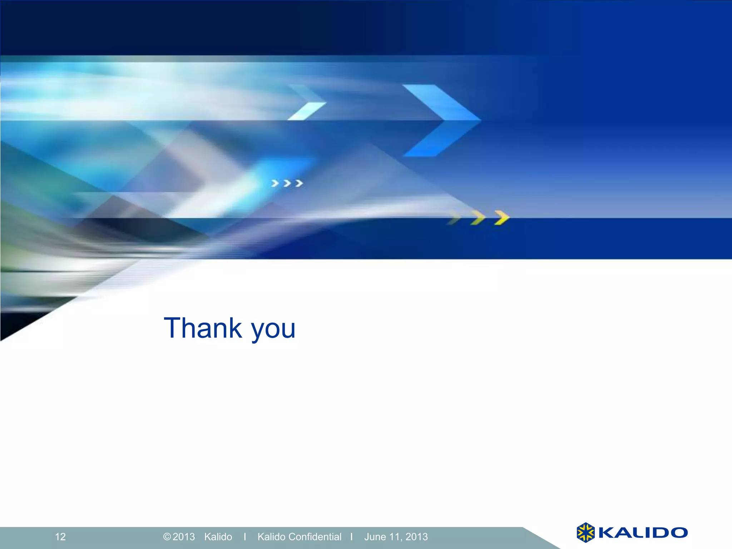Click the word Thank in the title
point(203,328)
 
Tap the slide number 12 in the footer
point(60,536)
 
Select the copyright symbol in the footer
point(167,536)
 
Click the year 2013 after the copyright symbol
point(184,536)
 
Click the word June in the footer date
point(375,536)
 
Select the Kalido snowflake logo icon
point(585,533)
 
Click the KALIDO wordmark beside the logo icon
point(643,533)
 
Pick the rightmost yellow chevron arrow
point(502,218)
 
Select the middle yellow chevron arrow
point(478,218)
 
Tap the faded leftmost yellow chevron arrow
point(455,218)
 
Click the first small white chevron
point(275,183)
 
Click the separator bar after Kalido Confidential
point(352,536)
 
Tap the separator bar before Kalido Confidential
point(245,536)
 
